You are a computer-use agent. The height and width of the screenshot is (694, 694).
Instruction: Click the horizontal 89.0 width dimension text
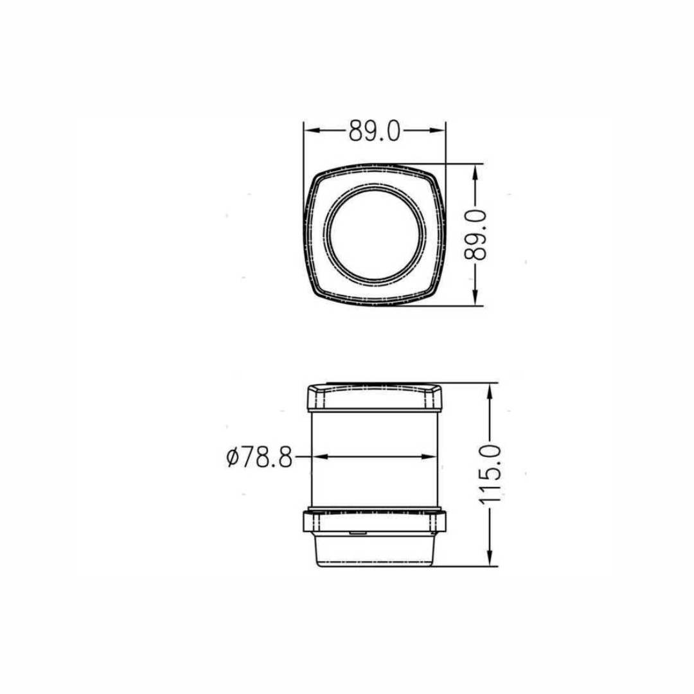[x=375, y=130]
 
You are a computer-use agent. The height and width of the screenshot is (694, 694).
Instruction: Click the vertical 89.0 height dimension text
[x=476, y=235]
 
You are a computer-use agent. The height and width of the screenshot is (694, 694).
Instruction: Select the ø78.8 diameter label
[x=260, y=458]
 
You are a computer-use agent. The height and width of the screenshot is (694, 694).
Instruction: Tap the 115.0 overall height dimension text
[x=490, y=474]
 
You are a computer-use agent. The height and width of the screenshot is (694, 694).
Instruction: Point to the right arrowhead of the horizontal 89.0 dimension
[x=438, y=130]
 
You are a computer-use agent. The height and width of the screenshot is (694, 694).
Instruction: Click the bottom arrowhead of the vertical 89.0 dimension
[x=476, y=298]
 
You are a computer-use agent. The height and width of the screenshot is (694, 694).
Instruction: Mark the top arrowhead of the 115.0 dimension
[x=490, y=391]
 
